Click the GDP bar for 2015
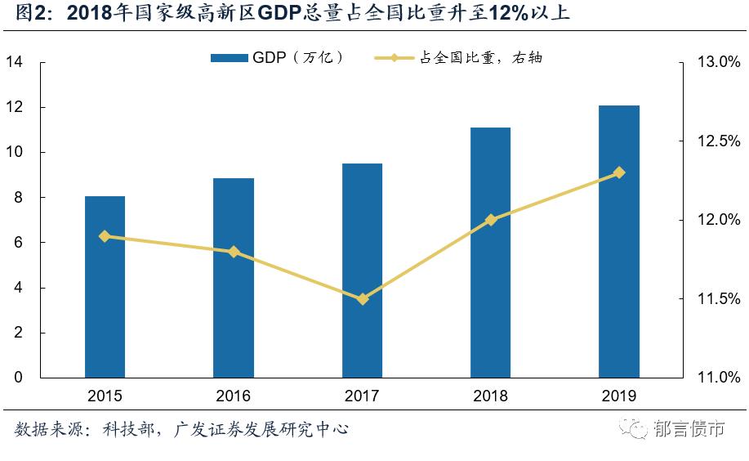click(105, 287)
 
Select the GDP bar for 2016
click(234, 278)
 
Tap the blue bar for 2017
click(362, 271)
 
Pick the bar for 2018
click(491, 253)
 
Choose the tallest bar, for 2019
click(619, 241)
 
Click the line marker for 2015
click(105, 236)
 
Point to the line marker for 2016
click(234, 252)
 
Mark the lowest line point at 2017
click(363, 299)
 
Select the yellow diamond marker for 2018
click(491, 220)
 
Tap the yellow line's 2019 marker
click(619, 172)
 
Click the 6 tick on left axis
click(18, 243)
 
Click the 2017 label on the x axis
click(362, 396)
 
